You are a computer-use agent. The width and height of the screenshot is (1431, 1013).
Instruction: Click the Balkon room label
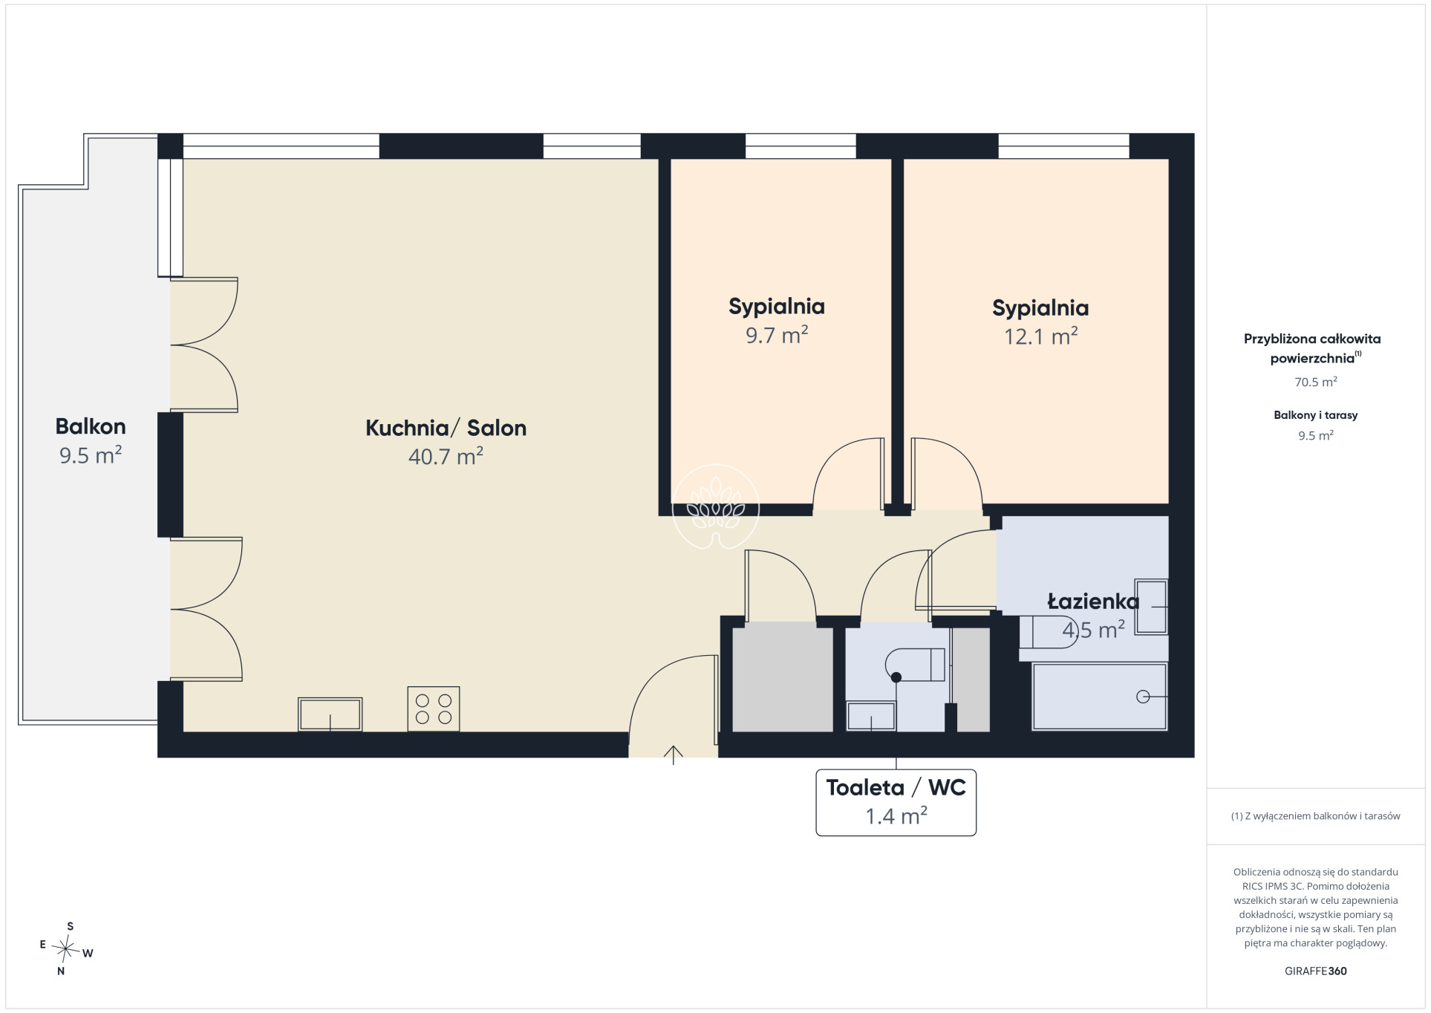(91, 426)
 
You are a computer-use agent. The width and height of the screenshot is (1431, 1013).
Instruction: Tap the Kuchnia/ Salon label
(446, 428)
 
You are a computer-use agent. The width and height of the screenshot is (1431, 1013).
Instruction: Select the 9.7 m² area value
(777, 335)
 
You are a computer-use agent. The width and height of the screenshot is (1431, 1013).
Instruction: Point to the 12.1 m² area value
(1040, 336)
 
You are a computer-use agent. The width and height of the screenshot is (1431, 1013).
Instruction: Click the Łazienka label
(1093, 602)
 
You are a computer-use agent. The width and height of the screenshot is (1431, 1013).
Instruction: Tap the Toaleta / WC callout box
(896, 802)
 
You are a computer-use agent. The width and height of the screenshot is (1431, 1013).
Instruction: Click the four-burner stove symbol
(434, 709)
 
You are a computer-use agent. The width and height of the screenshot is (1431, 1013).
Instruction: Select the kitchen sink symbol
(330, 714)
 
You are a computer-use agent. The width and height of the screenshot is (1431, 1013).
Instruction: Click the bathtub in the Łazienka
(1099, 697)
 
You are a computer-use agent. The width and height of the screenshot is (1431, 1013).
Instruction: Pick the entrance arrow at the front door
(673, 755)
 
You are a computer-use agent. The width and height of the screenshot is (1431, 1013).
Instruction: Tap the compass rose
(67, 949)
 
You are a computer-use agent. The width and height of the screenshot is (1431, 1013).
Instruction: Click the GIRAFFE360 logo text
(1315, 971)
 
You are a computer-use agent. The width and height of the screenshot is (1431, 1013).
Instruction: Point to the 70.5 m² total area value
(1315, 382)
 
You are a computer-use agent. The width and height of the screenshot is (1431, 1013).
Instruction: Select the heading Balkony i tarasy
(1315, 415)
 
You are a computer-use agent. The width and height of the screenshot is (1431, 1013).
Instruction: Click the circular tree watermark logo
(716, 506)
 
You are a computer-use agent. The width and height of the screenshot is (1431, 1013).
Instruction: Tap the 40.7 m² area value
(446, 456)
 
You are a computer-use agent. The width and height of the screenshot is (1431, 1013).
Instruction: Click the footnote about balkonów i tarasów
(1315, 815)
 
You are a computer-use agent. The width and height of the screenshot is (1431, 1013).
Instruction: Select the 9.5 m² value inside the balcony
(91, 455)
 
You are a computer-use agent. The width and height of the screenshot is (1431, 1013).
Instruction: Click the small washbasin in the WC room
(871, 716)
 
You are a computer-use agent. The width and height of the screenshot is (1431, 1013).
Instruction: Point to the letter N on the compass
(61, 971)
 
